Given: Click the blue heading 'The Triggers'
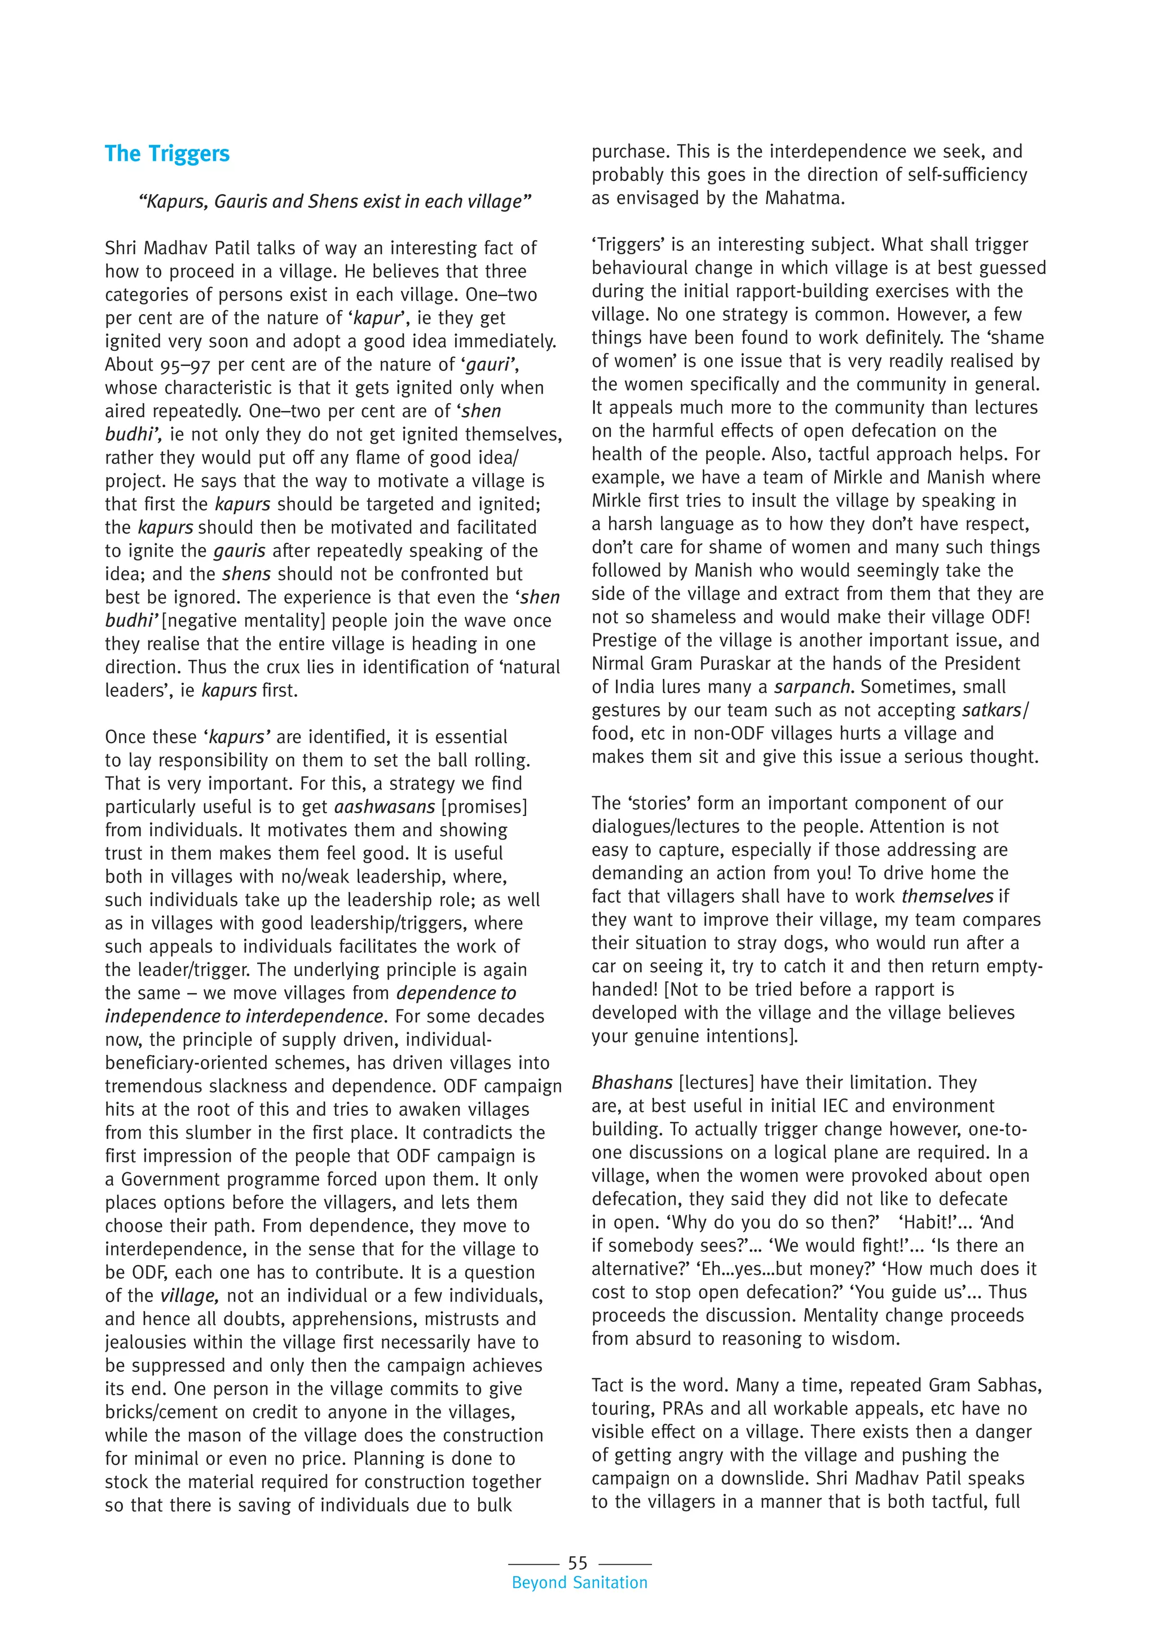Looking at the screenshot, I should (x=167, y=153).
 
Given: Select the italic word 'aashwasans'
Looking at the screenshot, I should (x=385, y=807).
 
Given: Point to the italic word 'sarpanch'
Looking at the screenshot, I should (x=812, y=687).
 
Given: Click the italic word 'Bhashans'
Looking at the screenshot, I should (x=632, y=1083).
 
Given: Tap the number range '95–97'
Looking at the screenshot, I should (x=180, y=365).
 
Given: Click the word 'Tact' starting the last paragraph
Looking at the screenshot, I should (x=610, y=1385).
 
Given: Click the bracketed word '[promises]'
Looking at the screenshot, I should (x=484, y=807).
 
